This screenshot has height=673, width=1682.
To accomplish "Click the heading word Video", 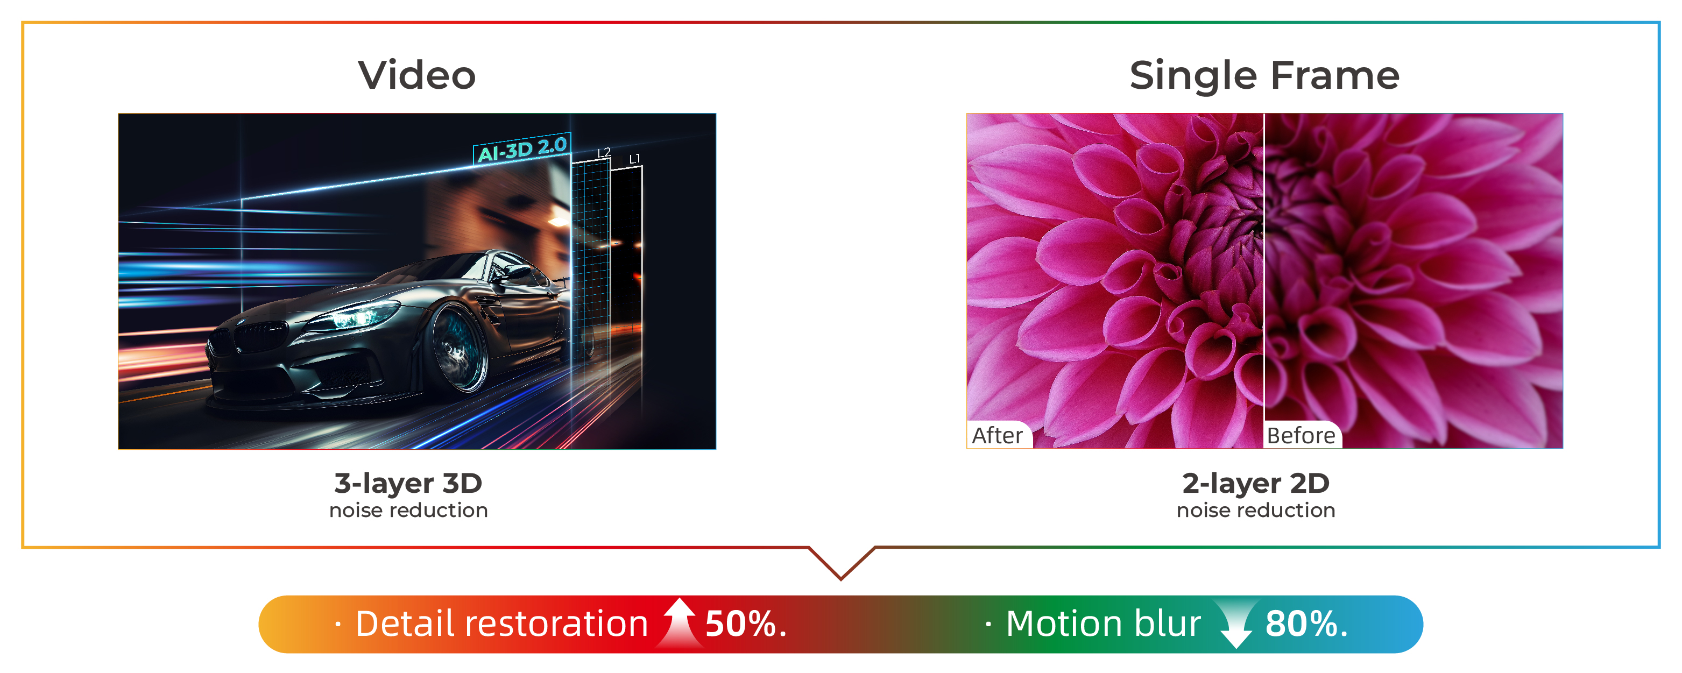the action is pyautogui.click(x=416, y=75).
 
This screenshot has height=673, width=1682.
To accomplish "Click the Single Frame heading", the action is pyautogui.click(x=1264, y=76).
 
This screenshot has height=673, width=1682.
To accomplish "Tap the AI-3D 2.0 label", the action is pyautogui.click(x=522, y=150).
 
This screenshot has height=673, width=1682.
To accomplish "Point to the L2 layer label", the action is pyautogui.click(x=604, y=153).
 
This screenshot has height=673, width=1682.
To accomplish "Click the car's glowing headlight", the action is pyautogui.click(x=356, y=318).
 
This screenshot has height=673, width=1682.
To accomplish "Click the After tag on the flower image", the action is pyautogui.click(x=997, y=435).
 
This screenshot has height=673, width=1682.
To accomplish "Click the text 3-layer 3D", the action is pyautogui.click(x=408, y=483).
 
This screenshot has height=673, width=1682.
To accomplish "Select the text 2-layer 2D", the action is pyautogui.click(x=1256, y=483).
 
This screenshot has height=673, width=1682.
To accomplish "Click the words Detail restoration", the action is pyautogui.click(x=501, y=624).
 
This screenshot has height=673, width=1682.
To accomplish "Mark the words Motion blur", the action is pyautogui.click(x=1104, y=624).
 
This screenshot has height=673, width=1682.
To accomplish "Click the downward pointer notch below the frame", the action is pyautogui.click(x=842, y=563).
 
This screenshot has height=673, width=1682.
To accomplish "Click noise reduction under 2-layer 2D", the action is pyautogui.click(x=1256, y=510).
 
